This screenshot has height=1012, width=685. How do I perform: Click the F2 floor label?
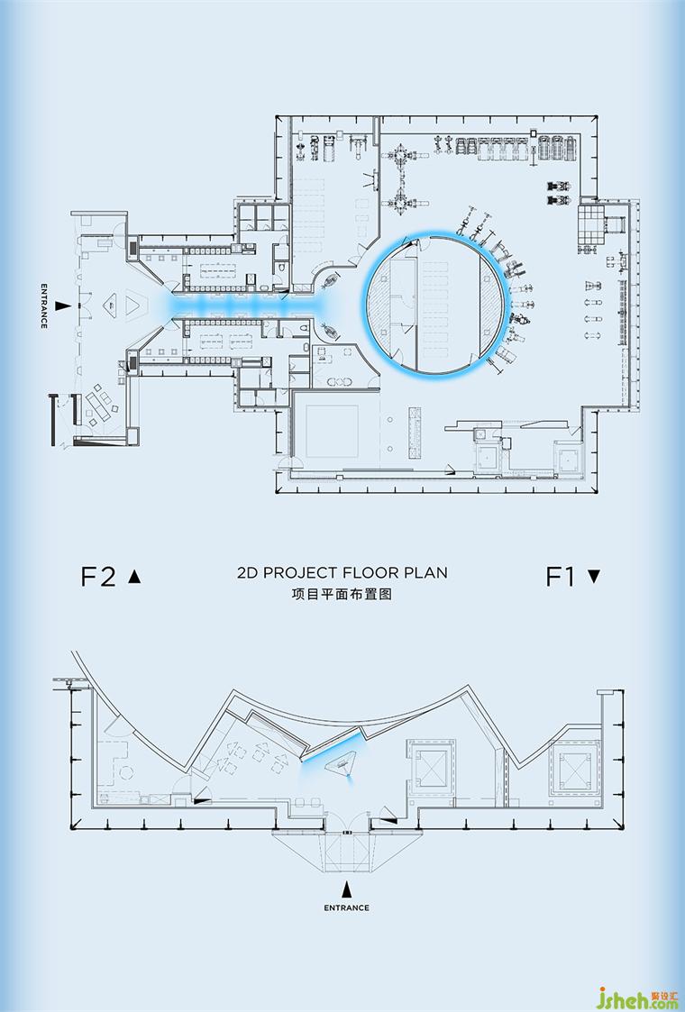[x=97, y=577]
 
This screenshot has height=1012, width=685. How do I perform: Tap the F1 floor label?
[x=560, y=577]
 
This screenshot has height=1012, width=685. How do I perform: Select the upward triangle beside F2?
[x=134, y=576]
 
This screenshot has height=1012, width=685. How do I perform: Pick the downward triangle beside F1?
[x=594, y=577]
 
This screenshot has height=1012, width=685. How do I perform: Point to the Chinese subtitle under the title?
[x=342, y=594]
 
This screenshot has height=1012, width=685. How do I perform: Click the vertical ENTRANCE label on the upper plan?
[x=44, y=305]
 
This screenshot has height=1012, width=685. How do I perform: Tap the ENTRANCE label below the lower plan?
[x=347, y=907]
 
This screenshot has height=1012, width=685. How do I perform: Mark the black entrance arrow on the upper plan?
[x=62, y=305]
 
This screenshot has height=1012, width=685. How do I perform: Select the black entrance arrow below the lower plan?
[x=347, y=889]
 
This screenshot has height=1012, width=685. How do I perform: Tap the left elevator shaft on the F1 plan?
[x=431, y=771]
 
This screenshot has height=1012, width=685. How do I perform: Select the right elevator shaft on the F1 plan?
[x=575, y=770]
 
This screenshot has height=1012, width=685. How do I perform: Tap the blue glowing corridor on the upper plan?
[x=259, y=305]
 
